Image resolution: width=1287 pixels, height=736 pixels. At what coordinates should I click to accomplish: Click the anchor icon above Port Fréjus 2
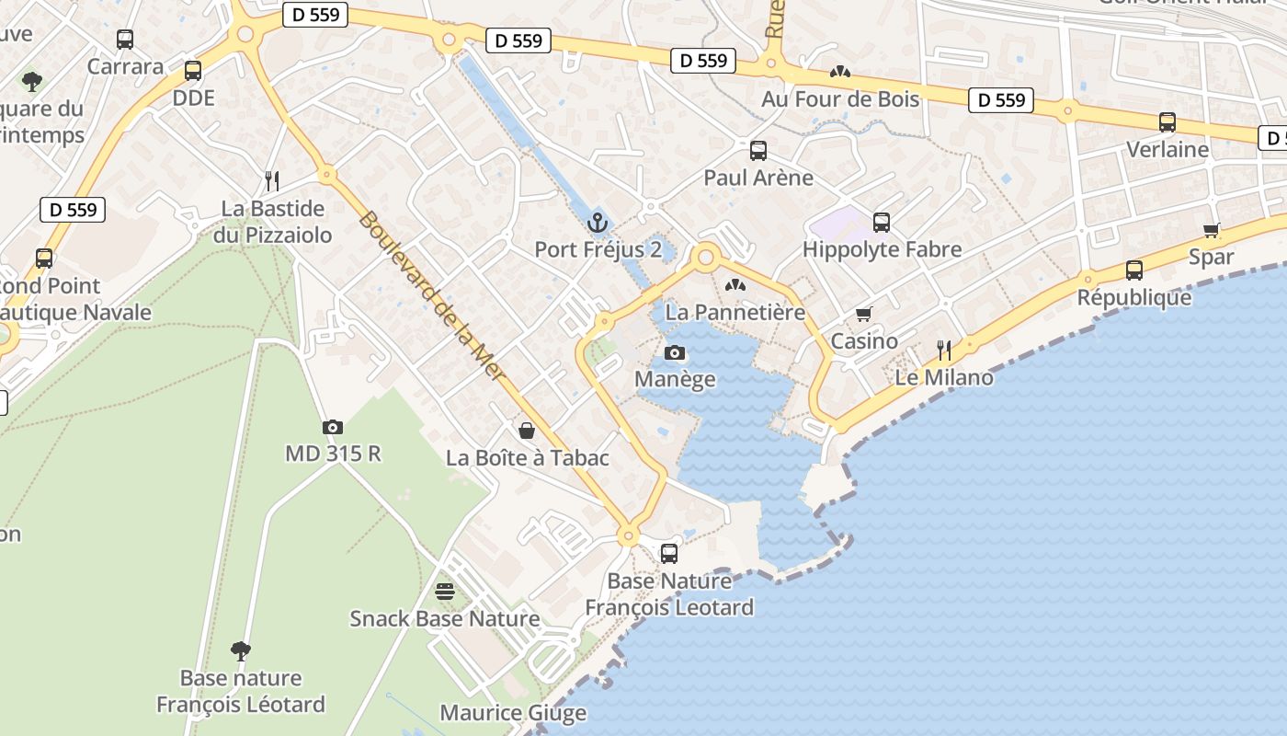[x=598, y=222]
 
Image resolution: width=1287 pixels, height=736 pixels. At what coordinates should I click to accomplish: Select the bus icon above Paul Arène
[x=757, y=150]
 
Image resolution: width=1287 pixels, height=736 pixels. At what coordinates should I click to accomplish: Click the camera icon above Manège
[x=674, y=352]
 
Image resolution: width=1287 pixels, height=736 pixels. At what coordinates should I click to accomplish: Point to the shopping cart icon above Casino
[x=863, y=315]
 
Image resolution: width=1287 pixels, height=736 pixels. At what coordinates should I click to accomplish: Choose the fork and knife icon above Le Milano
[x=943, y=350]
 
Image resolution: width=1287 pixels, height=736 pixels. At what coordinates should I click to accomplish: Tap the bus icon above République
[x=1133, y=270]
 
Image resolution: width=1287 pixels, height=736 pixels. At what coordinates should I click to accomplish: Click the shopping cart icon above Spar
[x=1211, y=230]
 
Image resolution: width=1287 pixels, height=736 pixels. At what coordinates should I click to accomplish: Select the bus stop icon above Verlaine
[x=1167, y=121]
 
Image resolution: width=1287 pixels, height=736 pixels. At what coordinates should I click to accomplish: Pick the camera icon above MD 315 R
[x=332, y=427]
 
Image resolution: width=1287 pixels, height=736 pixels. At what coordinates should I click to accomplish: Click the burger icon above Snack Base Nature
[x=444, y=591]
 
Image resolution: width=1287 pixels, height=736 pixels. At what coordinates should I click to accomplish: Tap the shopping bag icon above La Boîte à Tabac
[x=527, y=430]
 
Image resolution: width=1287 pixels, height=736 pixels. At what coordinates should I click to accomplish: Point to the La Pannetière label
[x=735, y=312]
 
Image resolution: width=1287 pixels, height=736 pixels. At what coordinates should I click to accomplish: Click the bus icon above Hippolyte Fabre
[x=881, y=222]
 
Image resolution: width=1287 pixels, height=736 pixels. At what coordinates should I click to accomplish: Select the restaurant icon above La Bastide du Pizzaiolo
[x=271, y=179]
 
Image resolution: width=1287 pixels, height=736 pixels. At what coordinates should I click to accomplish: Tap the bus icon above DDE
[x=192, y=70]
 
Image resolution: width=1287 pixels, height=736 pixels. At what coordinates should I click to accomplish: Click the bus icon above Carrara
[x=125, y=39]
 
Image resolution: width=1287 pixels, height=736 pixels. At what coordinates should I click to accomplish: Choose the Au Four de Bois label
[x=839, y=98]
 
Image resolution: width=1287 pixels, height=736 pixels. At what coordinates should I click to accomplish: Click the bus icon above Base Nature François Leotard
[x=669, y=553]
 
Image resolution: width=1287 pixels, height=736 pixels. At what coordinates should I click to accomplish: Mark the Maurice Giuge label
[x=513, y=712]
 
